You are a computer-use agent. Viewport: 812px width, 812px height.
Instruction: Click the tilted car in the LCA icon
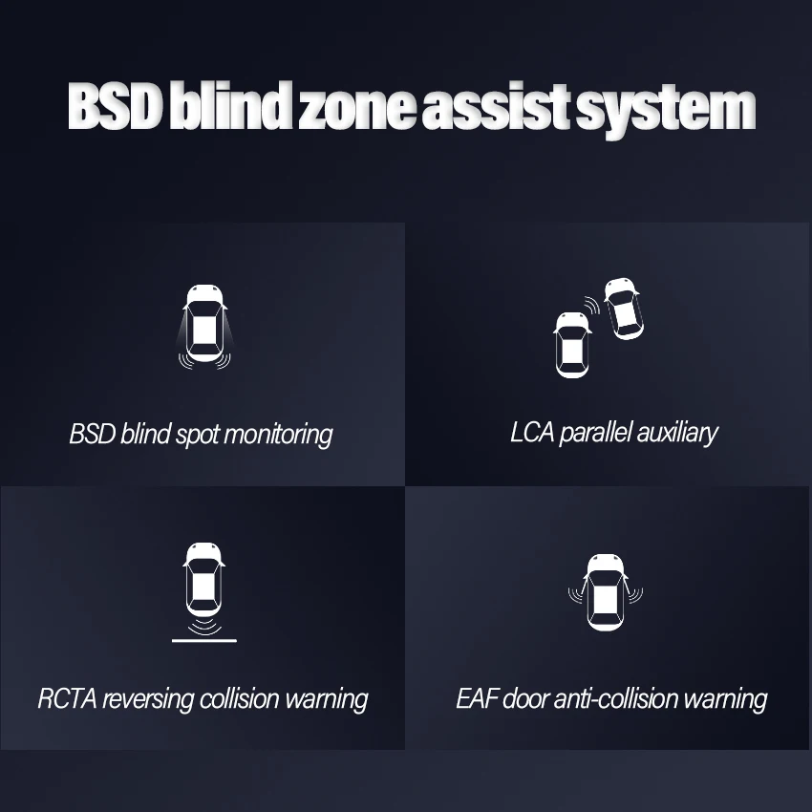coord(623,308)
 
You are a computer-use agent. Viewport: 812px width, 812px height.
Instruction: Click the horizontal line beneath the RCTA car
coord(203,640)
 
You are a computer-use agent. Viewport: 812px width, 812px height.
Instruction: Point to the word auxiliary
coord(676,434)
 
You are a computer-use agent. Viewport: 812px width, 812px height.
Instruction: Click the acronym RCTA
coord(64,698)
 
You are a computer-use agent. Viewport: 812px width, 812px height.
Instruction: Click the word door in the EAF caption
coord(525,698)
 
